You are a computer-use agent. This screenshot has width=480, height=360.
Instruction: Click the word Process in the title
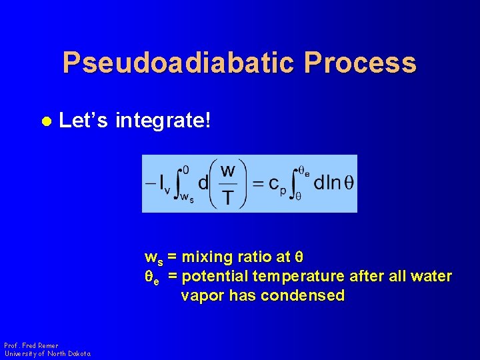(360, 63)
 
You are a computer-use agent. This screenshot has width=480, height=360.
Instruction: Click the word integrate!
(163, 121)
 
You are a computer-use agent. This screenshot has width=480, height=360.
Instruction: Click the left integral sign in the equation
(183, 183)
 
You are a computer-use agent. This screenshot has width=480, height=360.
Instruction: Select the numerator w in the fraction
(227, 171)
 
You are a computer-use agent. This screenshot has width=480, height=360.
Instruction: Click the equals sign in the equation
(257, 183)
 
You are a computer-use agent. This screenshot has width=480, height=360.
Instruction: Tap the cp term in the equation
(275, 185)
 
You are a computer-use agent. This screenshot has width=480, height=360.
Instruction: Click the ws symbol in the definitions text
(153, 258)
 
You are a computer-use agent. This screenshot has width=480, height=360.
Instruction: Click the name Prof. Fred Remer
(31, 345)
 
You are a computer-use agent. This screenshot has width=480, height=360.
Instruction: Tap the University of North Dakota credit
(47, 353)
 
